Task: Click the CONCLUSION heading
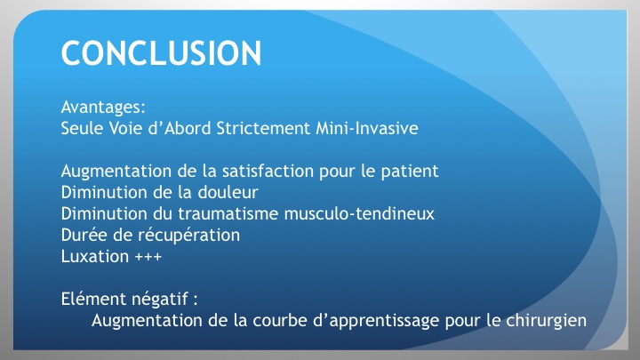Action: point(161,53)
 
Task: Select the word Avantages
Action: point(101,108)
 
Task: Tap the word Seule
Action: point(82,128)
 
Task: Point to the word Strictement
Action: point(263,128)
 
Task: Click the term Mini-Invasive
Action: point(367,128)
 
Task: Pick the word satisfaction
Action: point(268,171)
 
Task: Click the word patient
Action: point(410,172)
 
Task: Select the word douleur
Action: point(228,192)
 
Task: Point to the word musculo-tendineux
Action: point(359,213)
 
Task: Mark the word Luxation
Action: point(95,256)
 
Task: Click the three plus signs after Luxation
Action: point(148,257)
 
